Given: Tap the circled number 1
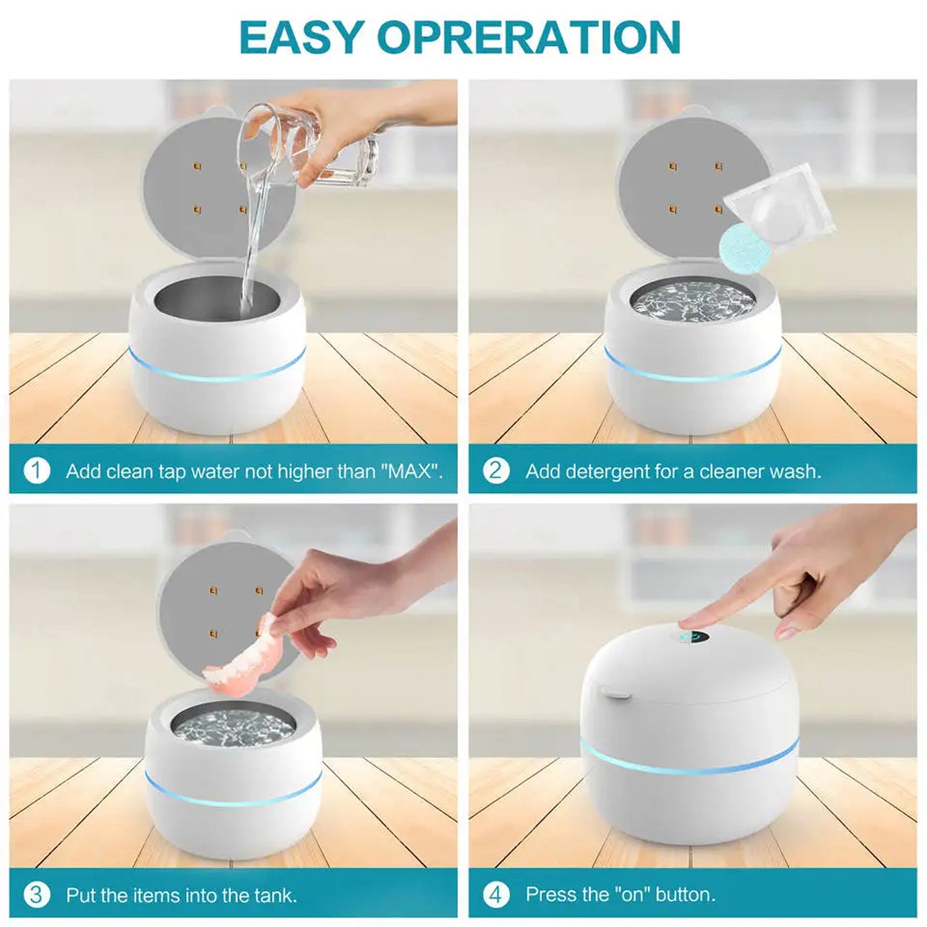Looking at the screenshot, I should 36,471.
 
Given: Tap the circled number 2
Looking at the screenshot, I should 496,471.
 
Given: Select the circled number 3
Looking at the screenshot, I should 36,894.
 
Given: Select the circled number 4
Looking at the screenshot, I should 496,894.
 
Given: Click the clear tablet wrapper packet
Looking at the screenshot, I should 780,207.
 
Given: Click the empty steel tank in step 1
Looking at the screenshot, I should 216,300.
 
